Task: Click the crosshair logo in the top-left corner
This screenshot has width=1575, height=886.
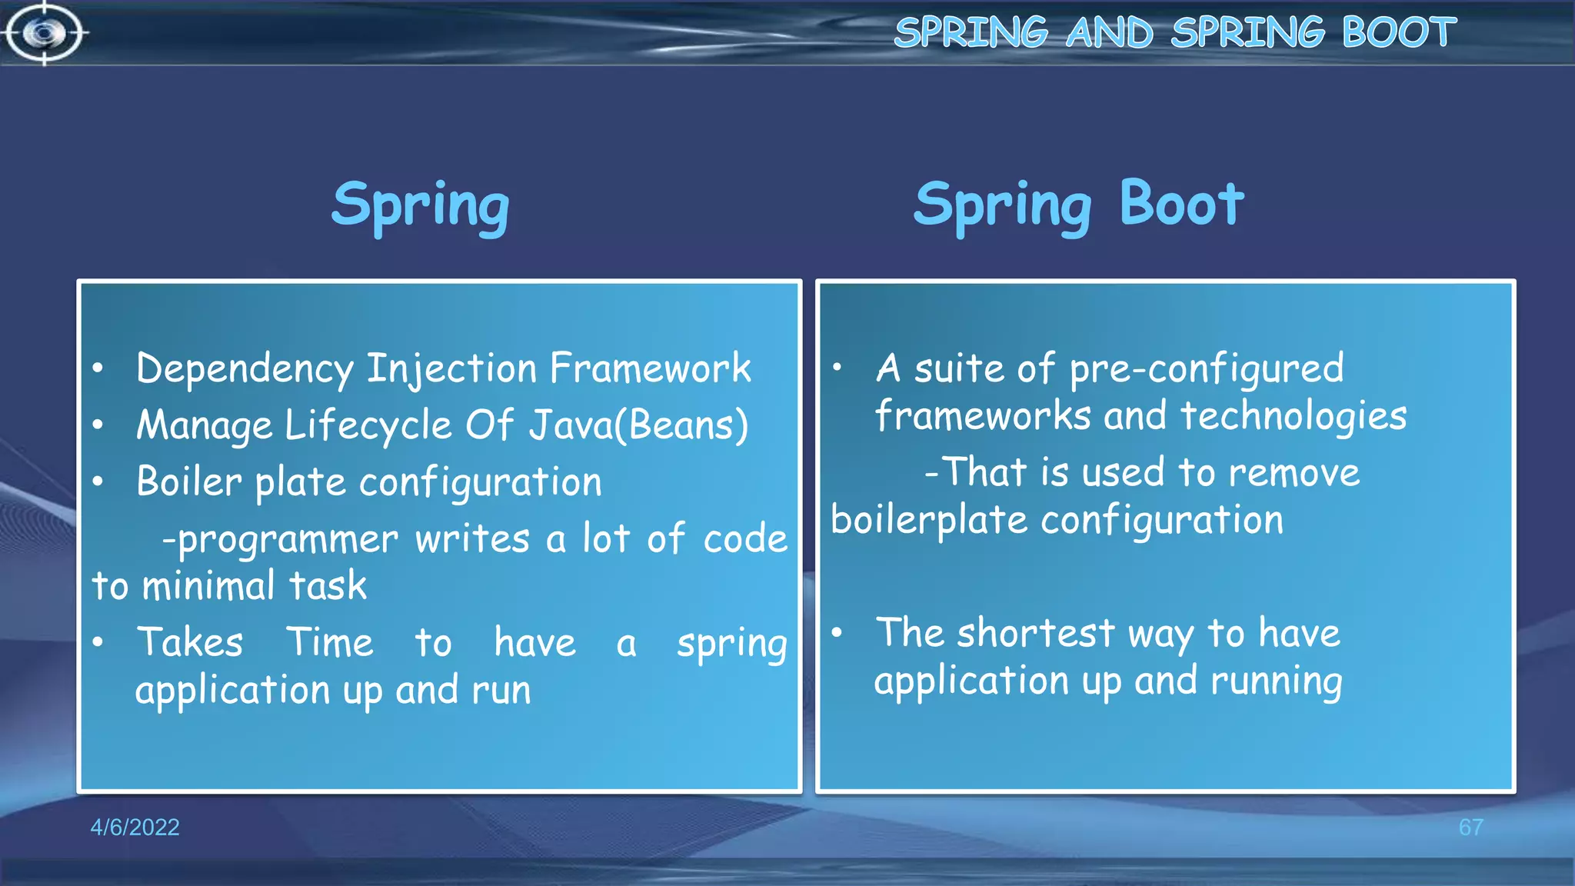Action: click(x=44, y=33)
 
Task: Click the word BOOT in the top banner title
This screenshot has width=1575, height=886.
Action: click(x=1399, y=32)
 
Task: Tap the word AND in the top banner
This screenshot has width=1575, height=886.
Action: click(x=1110, y=32)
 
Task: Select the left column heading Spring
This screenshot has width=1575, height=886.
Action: click(x=421, y=205)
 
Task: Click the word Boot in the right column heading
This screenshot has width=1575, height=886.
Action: click(x=1181, y=204)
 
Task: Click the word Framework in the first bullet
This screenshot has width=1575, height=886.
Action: click(x=651, y=368)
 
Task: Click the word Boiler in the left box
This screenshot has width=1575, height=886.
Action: click(x=189, y=482)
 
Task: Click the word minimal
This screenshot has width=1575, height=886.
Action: click(x=208, y=586)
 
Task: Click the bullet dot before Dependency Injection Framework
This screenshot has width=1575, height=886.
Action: click(x=98, y=368)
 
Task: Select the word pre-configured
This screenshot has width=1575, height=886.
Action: click(x=1207, y=369)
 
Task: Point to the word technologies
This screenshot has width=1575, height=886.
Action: click(x=1294, y=416)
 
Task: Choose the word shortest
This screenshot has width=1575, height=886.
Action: click(x=1035, y=634)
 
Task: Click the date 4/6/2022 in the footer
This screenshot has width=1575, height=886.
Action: click(x=135, y=827)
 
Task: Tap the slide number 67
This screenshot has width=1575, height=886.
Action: click(x=1470, y=827)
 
